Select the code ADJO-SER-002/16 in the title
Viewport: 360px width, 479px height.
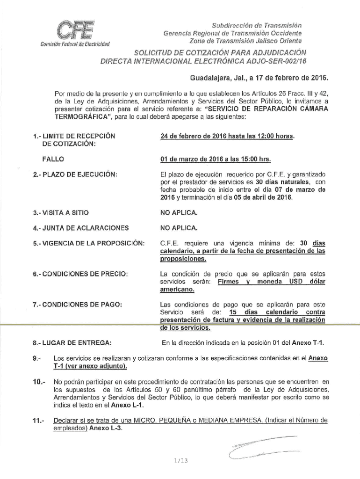point(276,61)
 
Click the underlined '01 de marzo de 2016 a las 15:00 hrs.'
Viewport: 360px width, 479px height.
point(216,159)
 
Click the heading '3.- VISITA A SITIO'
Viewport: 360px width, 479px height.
point(61,213)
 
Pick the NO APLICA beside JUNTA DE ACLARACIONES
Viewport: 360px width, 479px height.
point(179,228)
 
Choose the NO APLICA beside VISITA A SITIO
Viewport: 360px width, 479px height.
point(179,213)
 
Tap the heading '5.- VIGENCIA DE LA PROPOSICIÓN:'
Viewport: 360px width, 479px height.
point(89,244)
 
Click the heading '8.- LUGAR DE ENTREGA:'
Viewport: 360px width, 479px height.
point(72,344)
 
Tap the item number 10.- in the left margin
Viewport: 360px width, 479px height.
point(38,382)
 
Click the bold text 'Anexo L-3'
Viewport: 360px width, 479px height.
point(106,428)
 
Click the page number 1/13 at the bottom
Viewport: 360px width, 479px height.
point(180,461)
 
